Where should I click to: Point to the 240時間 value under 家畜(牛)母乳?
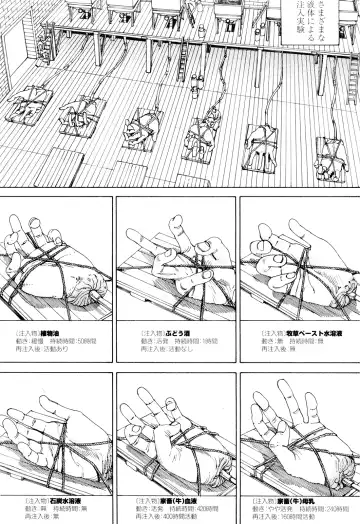331,504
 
